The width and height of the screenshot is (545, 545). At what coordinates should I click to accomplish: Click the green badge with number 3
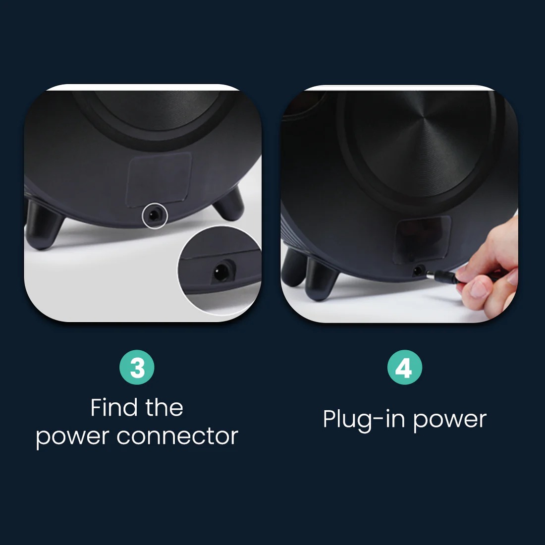pos(137,368)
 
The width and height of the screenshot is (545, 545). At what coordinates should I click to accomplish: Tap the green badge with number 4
pos(405,368)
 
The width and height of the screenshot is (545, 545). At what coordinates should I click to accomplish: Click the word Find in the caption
pos(114,407)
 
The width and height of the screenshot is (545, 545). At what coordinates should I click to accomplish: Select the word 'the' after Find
pos(164,407)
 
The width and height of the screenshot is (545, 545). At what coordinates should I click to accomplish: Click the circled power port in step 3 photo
pos(154,216)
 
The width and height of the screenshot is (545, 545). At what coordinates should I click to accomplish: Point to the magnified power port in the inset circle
pos(222,272)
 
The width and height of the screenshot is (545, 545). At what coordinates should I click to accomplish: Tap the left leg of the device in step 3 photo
pos(43,224)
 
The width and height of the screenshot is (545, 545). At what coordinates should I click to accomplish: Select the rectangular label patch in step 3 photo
pos(159,180)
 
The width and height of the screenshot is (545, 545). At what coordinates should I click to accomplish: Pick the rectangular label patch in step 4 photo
pos(422,239)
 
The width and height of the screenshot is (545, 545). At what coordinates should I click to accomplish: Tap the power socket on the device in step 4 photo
pos(419,271)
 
